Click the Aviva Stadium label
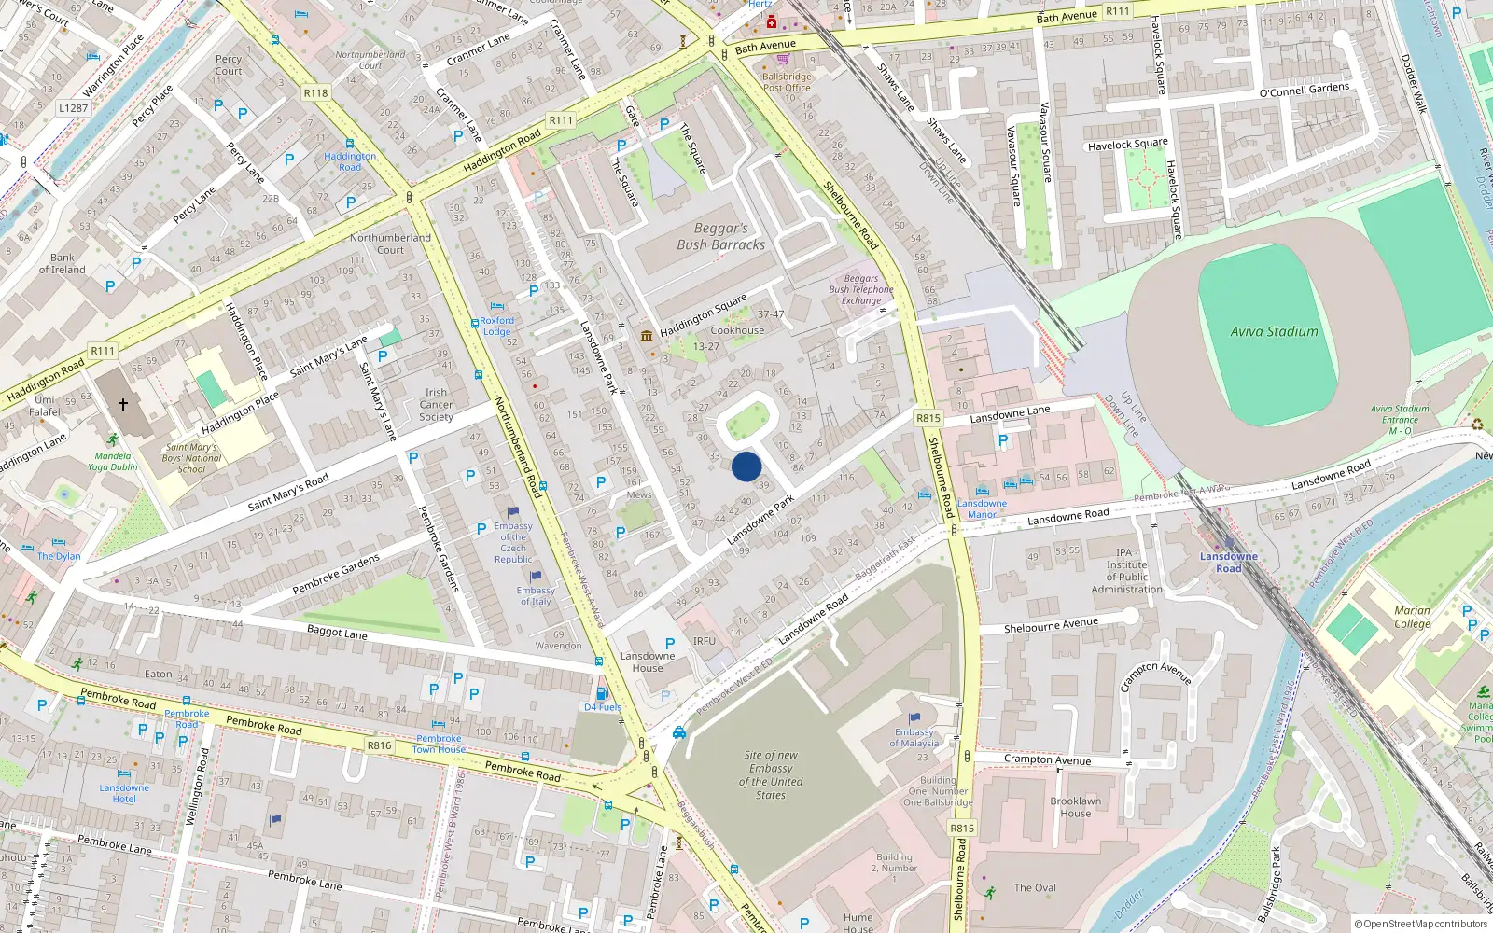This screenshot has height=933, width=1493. pos(1274,331)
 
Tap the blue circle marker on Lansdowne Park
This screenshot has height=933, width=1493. pos(746,466)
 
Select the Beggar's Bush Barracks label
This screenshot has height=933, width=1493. pos(720,236)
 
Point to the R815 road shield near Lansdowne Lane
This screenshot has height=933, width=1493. pos(928,418)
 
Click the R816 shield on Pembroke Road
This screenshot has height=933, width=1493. pos(379,745)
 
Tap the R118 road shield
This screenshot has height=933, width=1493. pos(315,93)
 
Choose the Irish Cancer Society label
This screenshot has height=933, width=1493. pos(436,404)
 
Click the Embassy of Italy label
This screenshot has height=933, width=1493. pos(536,595)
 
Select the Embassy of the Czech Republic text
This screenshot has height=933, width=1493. pos(513,542)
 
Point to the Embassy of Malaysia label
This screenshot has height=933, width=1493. pos(914,738)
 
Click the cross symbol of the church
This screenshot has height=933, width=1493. pos(123,405)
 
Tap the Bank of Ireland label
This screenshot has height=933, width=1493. pos(63,263)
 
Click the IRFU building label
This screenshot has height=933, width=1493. pos(705,641)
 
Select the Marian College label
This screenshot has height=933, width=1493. pos(1412,617)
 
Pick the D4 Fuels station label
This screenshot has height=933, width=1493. pos(603,707)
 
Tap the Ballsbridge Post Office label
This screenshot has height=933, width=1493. pos(787,82)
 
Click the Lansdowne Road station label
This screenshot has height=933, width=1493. pos(1228,563)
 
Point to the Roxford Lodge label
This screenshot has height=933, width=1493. pos(496,326)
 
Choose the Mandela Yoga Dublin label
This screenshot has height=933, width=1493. pos(113,462)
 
